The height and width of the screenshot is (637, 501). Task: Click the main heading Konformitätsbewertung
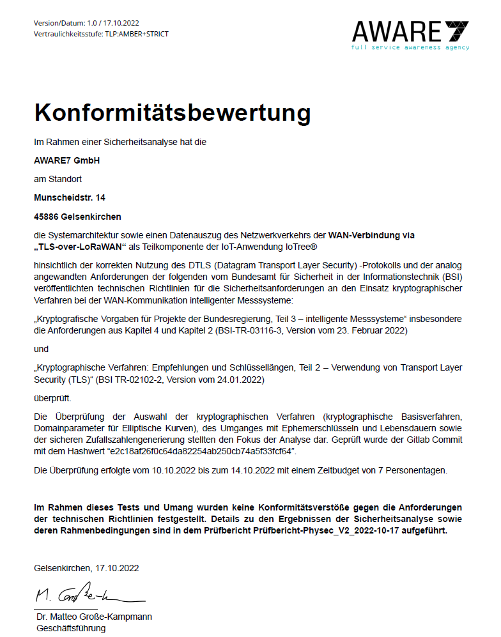click(x=172, y=112)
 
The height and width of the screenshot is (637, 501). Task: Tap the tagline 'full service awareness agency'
click(x=410, y=47)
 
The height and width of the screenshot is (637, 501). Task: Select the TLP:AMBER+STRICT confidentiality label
click(x=137, y=34)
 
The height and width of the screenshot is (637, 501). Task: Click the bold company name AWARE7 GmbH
click(x=66, y=160)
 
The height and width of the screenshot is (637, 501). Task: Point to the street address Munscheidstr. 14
click(x=70, y=198)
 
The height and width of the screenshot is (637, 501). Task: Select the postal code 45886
click(x=47, y=217)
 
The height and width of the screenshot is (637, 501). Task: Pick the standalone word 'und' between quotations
click(x=41, y=349)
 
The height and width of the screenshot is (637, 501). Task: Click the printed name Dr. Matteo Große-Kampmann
click(x=94, y=617)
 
